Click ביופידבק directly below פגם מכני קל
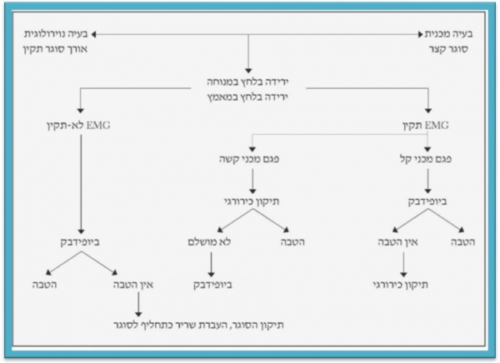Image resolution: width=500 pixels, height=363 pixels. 428,201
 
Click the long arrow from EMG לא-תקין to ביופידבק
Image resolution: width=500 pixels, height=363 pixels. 79,183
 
